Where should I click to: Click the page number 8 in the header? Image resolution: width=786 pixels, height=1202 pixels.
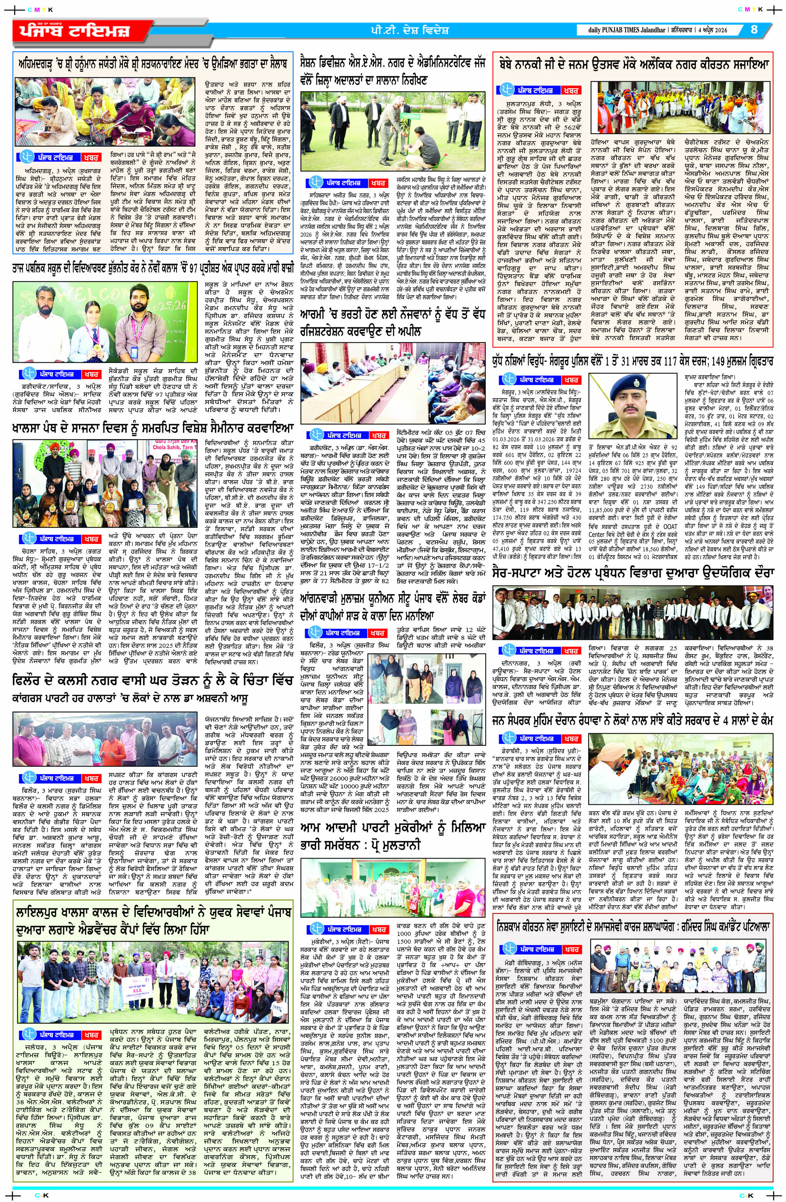[754, 29]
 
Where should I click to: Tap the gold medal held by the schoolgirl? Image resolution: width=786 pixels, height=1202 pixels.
[97, 347]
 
